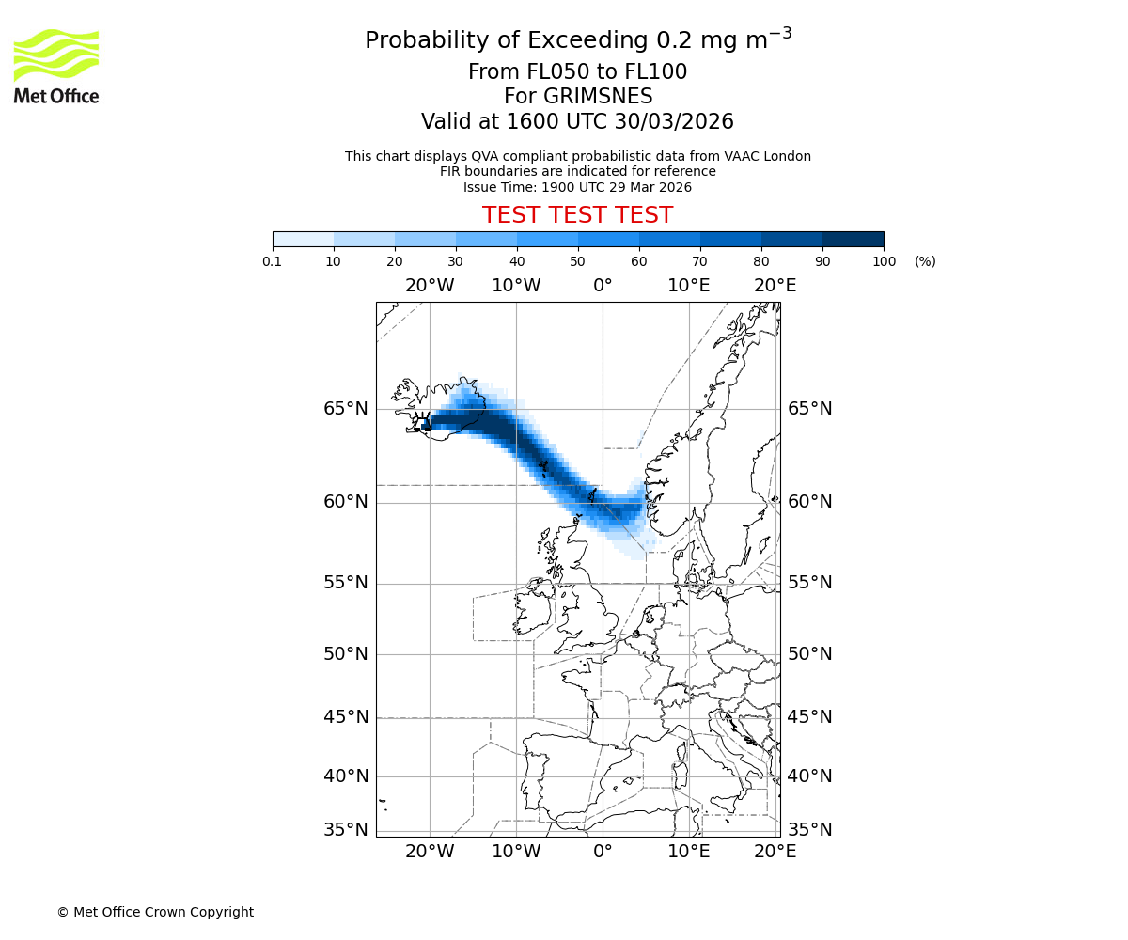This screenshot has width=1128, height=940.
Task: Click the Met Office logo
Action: [56, 66]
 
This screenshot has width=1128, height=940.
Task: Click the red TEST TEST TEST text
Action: [577, 215]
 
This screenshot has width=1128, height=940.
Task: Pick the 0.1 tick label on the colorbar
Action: [273, 261]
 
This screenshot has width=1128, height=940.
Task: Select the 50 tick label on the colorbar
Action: [578, 261]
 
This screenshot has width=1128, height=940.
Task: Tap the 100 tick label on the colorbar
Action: [884, 261]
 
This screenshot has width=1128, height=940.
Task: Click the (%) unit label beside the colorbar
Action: [925, 261]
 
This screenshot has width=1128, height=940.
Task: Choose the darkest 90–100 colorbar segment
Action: [853, 239]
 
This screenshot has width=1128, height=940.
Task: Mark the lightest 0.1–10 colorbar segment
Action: [304, 239]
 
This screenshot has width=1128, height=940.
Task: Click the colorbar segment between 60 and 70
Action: [669, 239]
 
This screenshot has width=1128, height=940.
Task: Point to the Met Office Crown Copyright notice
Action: [155, 912]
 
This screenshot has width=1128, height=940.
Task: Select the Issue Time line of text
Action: [577, 187]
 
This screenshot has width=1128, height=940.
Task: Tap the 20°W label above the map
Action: [430, 286]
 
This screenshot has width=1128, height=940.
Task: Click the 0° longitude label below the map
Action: [603, 852]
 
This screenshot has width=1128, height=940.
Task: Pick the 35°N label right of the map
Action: [809, 829]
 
